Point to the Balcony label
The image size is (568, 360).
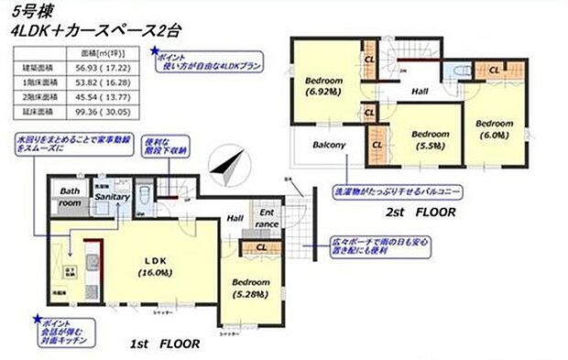pyautogui.click(x=328, y=145)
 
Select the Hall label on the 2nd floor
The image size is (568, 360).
pyautogui.click(x=420, y=92)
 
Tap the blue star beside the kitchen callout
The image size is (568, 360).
pyautogui.click(x=38, y=320)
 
